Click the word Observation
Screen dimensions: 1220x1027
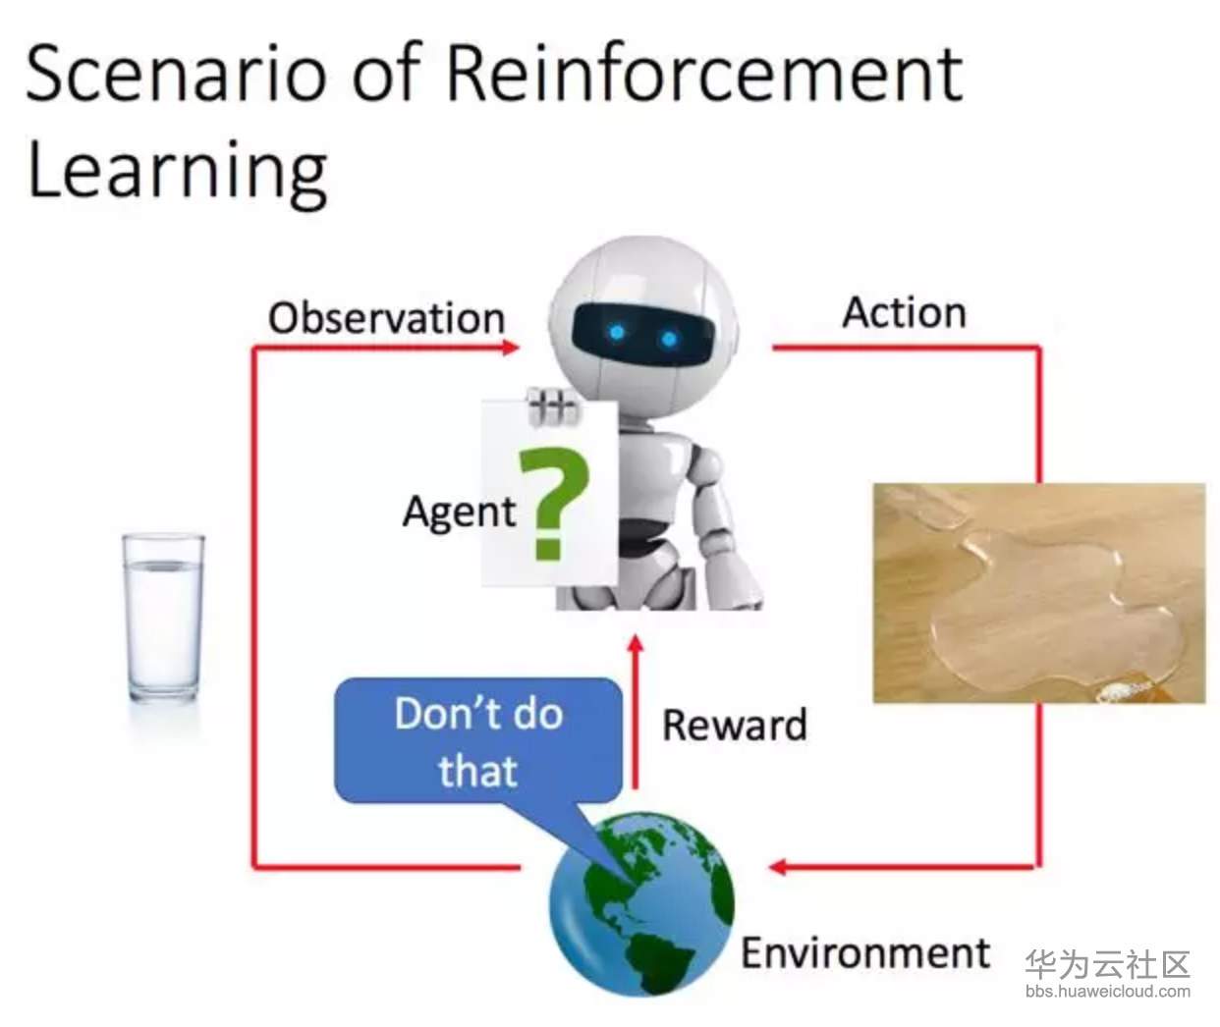pos(386,318)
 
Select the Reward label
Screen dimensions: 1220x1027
pos(735,725)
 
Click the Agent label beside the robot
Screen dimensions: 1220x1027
pos(460,512)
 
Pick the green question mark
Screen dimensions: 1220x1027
pos(554,504)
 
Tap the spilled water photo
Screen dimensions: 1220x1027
pos(1039,593)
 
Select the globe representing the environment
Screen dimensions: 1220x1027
pos(641,903)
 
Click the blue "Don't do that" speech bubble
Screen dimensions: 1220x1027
pos(478,740)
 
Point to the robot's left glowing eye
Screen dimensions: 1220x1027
pos(617,333)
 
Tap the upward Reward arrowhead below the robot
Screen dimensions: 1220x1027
pos(636,644)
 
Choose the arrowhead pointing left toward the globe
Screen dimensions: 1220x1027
pos(777,867)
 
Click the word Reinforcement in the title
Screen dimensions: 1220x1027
pos(704,76)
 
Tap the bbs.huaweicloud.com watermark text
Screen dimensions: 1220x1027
pos(1108,991)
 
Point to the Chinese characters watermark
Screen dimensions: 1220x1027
pos(1108,964)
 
